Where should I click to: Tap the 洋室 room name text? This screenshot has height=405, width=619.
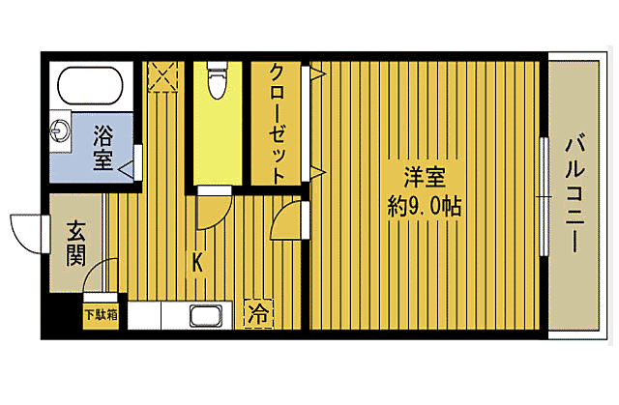pyautogui.click(x=425, y=180)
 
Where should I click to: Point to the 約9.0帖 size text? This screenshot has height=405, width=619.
pyautogui.click(x=425, y=207)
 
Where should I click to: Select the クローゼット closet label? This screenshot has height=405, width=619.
pyautogui.click(x=277, y=123)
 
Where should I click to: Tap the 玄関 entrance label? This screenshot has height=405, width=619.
pyautogui.click(x=75, y=245)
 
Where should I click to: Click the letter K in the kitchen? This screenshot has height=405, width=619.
pyautogui.click(x=196, y=261)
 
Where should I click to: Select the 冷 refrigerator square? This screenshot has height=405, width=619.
pyautogui.click(x=257, y=313)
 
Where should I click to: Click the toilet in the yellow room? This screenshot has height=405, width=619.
pyautogui.click(x=217, y=81)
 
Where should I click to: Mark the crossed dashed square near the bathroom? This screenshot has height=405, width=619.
pyautogui.click(x=162, y=75)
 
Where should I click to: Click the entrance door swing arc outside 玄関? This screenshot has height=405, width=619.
pyautogui.click(x=27, y=232)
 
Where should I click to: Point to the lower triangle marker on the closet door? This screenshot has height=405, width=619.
pyautogui.click(x=315, y=173)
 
